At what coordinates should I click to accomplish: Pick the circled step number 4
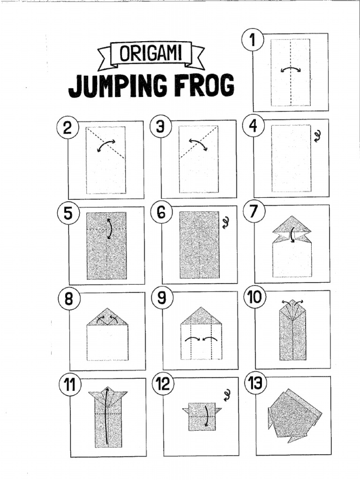pos(253,127)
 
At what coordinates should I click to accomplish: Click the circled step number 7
pos(254,212)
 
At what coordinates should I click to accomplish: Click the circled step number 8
pos(69,299)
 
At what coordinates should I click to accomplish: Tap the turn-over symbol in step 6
pos(226,222)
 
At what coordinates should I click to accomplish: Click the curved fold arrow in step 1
pos(291,69)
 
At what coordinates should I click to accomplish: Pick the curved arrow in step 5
pos(109,229)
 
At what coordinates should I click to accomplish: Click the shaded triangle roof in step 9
pos(200,316)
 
